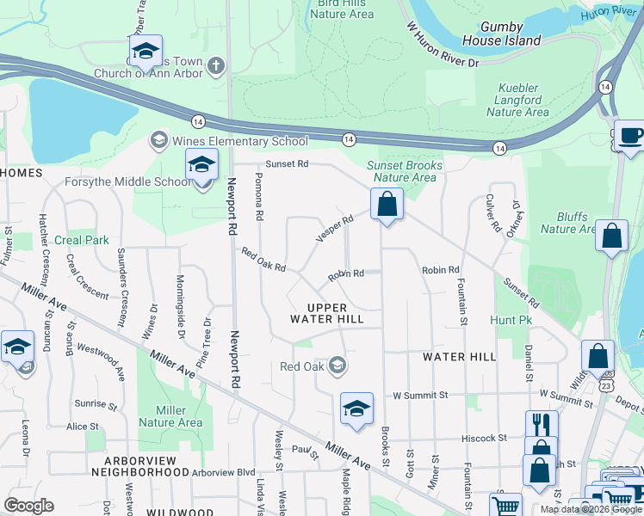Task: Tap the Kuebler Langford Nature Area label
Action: point(517,100)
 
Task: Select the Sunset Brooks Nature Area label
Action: point(405,171)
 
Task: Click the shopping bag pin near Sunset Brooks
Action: point(387,206)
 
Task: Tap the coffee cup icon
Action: point(631,137)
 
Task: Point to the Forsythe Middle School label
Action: point(128,181)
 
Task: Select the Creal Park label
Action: point(82,240)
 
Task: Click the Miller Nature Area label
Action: point(170,416)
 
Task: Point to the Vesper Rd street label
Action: point(334,229)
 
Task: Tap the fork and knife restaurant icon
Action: point(541,425)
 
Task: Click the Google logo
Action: point(28,506)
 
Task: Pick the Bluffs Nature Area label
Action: point(568,223)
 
